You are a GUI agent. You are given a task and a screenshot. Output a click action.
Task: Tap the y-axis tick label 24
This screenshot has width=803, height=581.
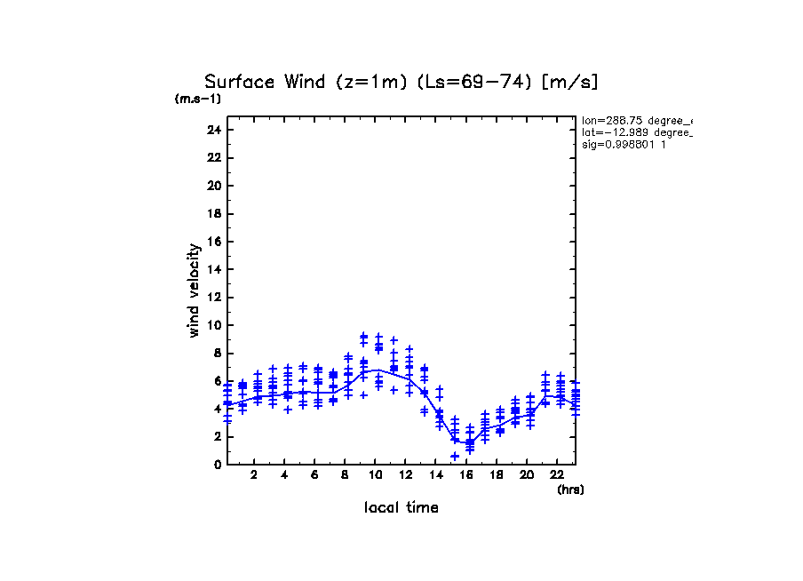click(x=213, y=130)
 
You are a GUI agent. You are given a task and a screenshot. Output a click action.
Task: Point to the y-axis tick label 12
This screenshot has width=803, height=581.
click(x=213, y=297)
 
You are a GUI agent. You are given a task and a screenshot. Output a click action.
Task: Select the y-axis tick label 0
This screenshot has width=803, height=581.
click(x=216, y=464)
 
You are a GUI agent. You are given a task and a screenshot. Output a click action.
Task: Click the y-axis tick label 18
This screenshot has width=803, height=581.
click(x=213, y=213)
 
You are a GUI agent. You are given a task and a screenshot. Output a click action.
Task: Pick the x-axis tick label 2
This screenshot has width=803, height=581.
click(x=255, y=475)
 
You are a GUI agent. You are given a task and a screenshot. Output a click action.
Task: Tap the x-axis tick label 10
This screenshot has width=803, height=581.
click(x=375, y=475)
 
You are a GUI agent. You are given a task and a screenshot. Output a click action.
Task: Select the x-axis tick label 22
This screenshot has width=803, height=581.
click(x=556, y=475)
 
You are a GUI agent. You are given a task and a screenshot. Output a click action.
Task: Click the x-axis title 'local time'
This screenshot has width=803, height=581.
click(x=401, y=508)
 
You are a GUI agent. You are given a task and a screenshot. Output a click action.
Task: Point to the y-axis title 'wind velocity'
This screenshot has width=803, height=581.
click(x=194, y=290)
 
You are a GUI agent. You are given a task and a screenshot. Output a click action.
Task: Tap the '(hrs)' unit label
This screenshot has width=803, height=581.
click(x=569, y=489)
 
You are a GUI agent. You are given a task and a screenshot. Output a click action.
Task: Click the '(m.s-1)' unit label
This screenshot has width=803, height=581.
click(x=198, y=99)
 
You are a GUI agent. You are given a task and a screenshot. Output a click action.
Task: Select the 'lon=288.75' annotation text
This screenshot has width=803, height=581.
click(x=636, y=120)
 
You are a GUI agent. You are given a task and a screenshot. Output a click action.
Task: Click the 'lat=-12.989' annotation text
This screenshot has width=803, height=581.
click(x=636, y=131)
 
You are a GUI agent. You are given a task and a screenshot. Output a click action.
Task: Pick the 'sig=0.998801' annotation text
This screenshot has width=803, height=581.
click(x=624, y=144)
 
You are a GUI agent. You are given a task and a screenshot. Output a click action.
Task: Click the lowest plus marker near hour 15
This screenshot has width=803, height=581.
click(x=454, y=456)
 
